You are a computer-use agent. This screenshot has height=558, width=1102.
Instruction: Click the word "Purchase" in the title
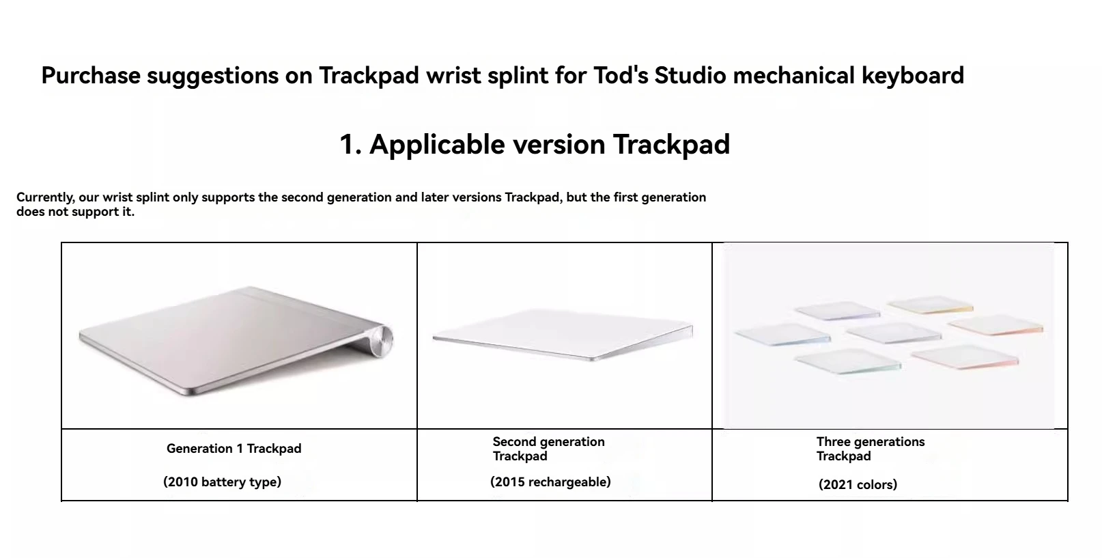(91, 76)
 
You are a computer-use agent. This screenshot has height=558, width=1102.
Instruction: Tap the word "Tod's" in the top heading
(621, 75)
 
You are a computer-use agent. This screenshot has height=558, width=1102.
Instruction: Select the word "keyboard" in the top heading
(913, 76)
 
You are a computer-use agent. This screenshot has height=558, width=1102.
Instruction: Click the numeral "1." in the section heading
(351, 145)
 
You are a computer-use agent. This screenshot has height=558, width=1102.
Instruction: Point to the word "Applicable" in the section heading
(438, 145)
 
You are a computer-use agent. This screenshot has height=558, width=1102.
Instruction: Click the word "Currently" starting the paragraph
(45, 198)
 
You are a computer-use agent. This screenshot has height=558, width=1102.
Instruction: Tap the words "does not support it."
(75, 212)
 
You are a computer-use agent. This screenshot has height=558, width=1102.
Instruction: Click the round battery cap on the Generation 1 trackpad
(382, 340)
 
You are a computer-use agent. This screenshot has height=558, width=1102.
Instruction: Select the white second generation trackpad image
(563, 335)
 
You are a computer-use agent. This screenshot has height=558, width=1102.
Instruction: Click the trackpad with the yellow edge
(930, 304)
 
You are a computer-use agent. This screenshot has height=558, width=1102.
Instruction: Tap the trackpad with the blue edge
(782, 335)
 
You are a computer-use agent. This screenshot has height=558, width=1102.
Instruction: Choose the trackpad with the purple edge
(837, 311)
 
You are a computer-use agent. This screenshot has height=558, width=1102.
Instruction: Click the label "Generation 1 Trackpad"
(234, 449)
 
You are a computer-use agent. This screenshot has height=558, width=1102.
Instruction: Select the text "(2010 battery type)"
(223, 482)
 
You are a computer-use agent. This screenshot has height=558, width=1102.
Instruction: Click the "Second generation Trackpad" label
(548, 449)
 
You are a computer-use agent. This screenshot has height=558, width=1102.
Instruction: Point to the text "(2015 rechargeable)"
(550, 482)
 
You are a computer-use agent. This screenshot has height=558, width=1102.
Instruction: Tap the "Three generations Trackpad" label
(871, 449)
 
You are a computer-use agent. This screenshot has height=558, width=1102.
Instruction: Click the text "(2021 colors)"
(858, 485)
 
